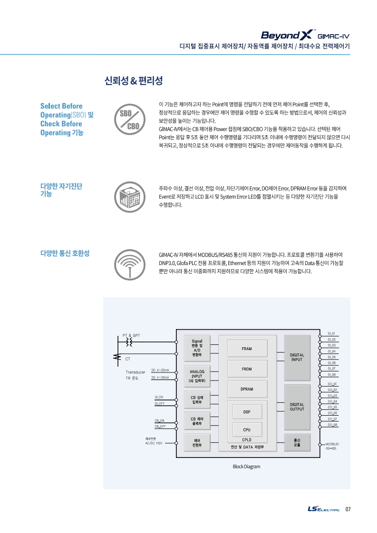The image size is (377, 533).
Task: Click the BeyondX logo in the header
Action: click(x=288, y=35)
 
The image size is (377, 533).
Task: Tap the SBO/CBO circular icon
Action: click(x=130, y=119)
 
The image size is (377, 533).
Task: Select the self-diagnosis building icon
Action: click(x=130, y=197)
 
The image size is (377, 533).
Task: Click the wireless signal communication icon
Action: click(x=130, y=265)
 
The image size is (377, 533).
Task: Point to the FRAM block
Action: click(x=247, y=349)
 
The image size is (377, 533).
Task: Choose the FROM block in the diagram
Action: click(x=247, y=369)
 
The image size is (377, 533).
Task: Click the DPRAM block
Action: click(x=247, y=389)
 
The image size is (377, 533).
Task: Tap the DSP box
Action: click(x=247, y=412)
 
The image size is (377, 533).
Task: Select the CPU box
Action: click(x=247, y=429)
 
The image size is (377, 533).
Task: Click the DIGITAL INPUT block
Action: click(x=297, y=358)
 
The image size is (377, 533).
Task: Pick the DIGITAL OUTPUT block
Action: click(x=297, y=407)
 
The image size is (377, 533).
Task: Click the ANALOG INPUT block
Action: click(x=197, y=376)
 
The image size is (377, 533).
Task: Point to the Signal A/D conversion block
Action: click(x=197, y=348)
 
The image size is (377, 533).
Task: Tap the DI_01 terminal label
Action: click(x=331, y=334)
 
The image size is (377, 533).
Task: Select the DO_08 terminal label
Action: click(x=332, y=425)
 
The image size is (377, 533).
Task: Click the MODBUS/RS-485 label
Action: click(x=332, y=447)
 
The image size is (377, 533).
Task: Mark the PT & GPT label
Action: click(x=131, y=335)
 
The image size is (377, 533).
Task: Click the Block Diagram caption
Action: click(x=246, y=466)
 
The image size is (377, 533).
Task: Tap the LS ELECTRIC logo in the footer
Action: click(x=324, y=509)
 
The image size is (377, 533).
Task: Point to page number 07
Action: click(x=348, y=509)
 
